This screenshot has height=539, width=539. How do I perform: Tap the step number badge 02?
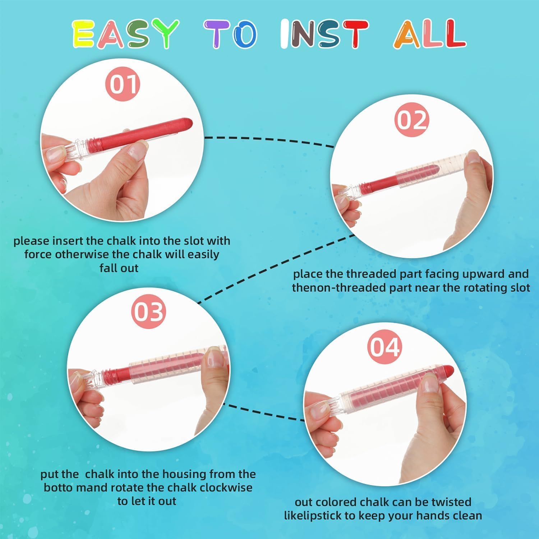[x=412, y=120]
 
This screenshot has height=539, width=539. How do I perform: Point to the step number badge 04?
[x=385, y=347]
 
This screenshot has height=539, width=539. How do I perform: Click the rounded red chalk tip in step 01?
[x=188, y=124]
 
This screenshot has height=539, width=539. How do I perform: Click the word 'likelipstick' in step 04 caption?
[x=313, y=516]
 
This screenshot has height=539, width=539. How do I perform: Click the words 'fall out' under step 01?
[x=119, y=268]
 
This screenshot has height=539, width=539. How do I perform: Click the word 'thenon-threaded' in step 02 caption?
[x=336, y=288]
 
